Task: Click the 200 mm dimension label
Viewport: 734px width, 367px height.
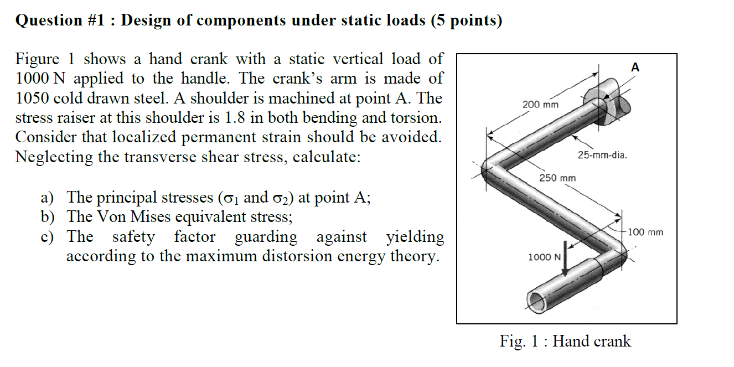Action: pos(540,105)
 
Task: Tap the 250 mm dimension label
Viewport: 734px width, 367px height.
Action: pos(557,178)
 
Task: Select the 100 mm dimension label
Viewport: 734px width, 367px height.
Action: pos(645,232)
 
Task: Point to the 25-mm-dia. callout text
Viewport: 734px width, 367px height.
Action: pos(602,155)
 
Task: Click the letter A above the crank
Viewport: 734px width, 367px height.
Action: pos(635,68)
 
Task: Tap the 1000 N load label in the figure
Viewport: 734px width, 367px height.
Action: pos(545,257)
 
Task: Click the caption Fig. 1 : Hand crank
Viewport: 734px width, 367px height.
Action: pos(565,341)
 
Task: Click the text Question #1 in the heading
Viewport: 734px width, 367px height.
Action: pos(49,20)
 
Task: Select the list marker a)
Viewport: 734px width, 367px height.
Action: pos(47,198)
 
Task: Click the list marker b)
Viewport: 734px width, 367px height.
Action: pos(47,217)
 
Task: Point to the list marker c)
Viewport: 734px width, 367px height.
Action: pos(47,237)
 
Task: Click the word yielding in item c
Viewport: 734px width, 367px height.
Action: pos(415,237)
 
